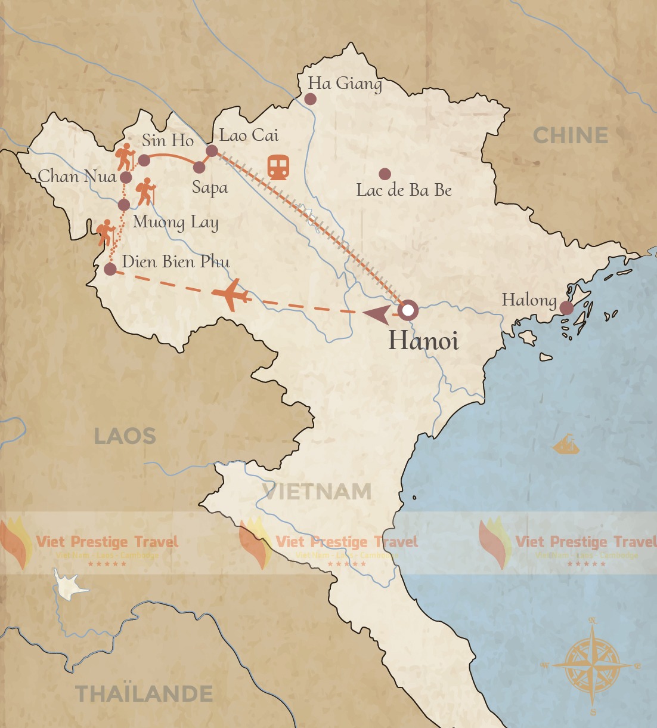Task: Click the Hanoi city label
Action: click(x=423, y=341)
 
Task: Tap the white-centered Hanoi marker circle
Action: click(x=408, y=310)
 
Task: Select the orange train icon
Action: click(x=278, y=168)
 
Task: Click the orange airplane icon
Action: click(x=231, y=295)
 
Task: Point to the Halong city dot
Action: click(x=566, y=308)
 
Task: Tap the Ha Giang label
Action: click(x=345, y=84)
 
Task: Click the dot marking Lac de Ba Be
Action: click(x=385, y=174)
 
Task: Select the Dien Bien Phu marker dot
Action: click(x=110, y=269)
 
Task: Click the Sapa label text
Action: click(x=210, y=187)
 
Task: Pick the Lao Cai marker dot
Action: click(x=212, y=150)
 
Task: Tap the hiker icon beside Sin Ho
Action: click(x=125, y=157)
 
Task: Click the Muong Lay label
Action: click(x=175, y=223)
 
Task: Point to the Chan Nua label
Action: click(x=77, y=176)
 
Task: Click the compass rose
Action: click(x=593, y=665)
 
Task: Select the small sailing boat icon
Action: click(x=566, y=445)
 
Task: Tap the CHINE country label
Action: click(x=571, y=135)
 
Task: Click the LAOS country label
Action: click(x=125, y=436)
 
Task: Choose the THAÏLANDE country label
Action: click(x=144, y=694)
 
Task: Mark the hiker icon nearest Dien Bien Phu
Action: click(x=106, y=233)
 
